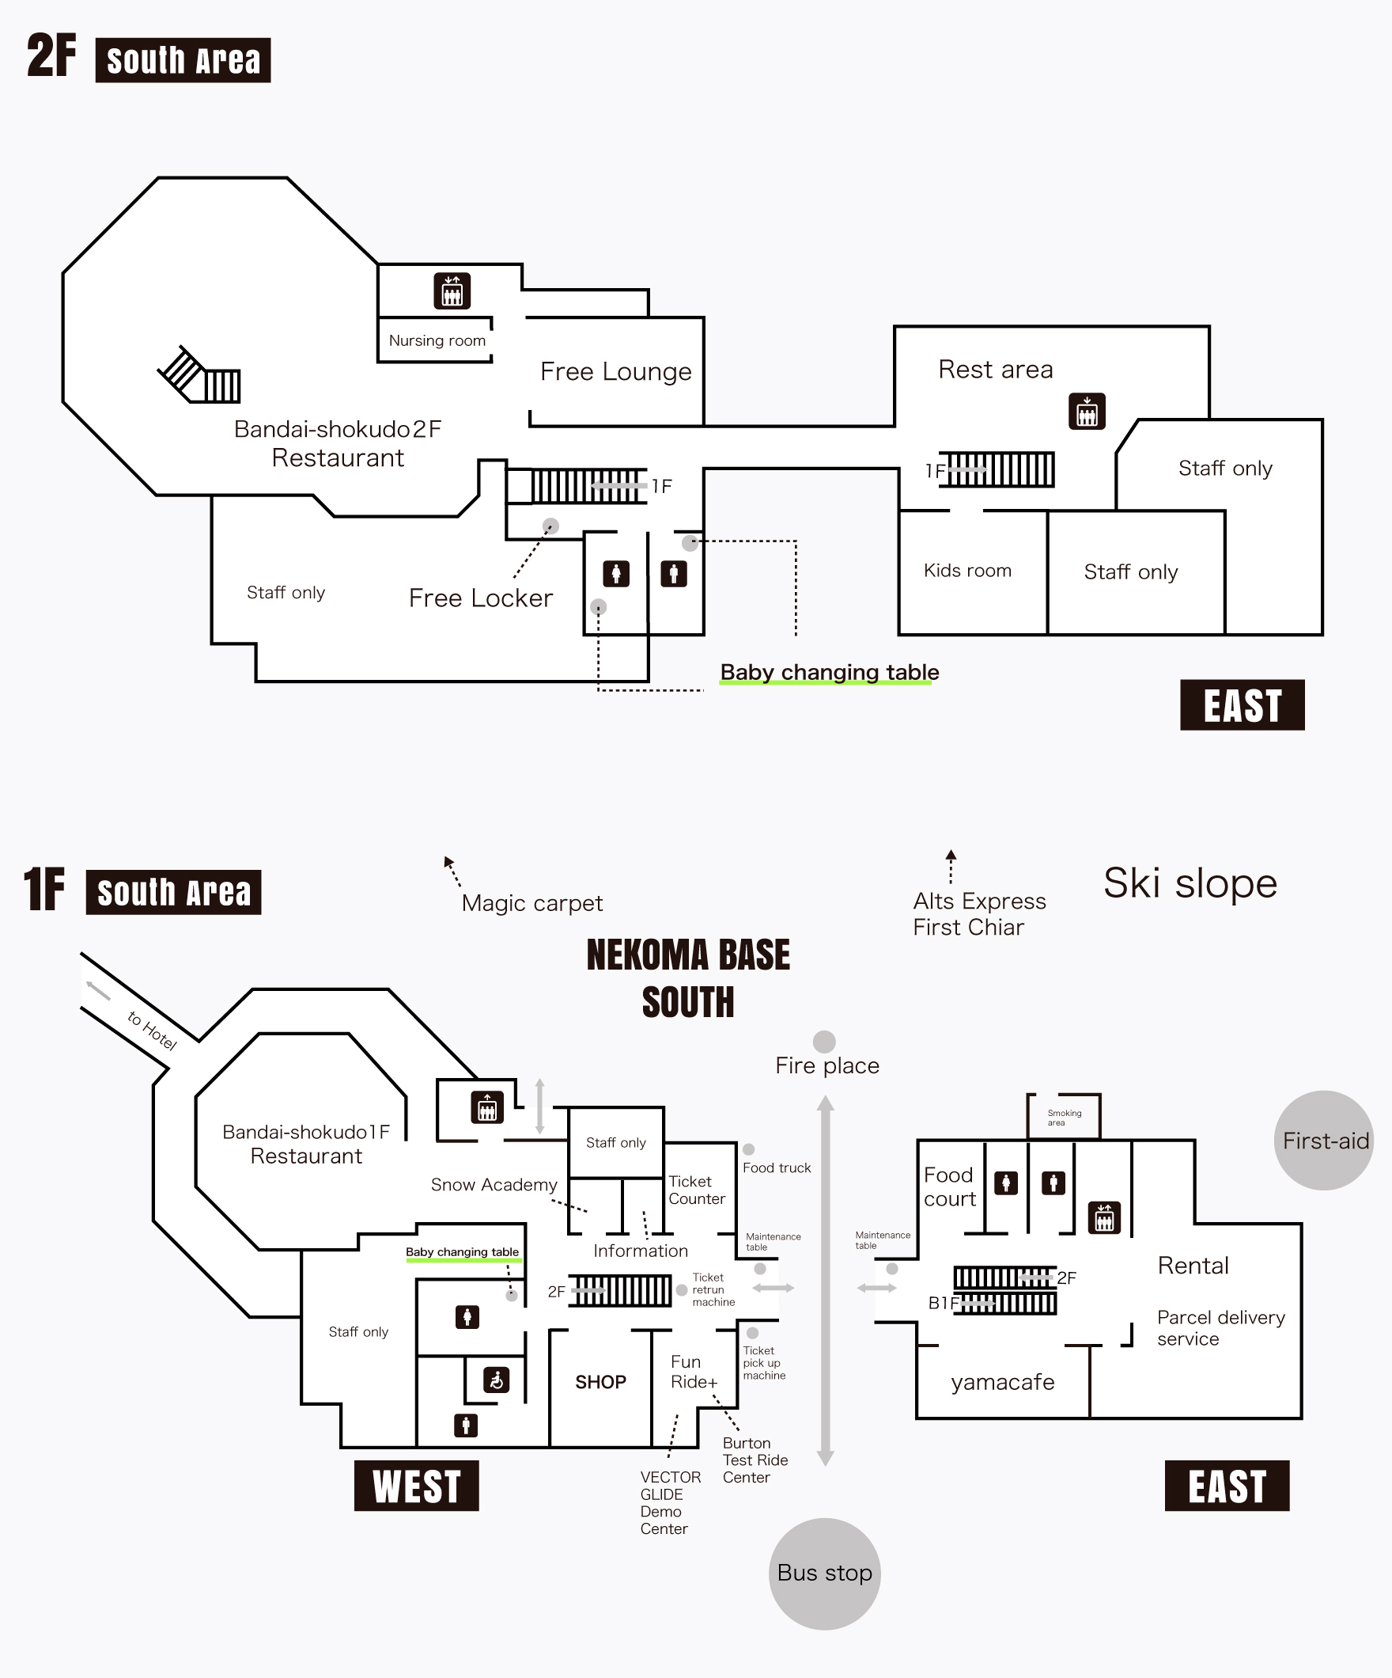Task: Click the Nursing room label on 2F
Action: [x=437, y=340]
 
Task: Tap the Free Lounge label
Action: [x=615, y=371]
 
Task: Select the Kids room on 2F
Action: [x=967, y=571]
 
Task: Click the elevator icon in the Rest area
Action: [x=1086, y=412]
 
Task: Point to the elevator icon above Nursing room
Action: [x=452, y=290]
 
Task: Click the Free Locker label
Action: [x=480, y=598]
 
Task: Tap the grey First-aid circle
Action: [x=1323, y=1141]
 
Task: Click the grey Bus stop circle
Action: [x=824, y=1573]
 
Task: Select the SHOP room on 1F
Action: [x=600, y=1381]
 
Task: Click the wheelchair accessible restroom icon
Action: [x=496, y=1379]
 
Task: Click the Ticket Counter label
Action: [x=697, y=1190]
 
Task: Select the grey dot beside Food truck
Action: [x=748, y=1149]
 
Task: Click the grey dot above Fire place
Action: [x=824, y=1041]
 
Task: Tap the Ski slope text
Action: [x=1190, y=883]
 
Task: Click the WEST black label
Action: [x=416, y=1486]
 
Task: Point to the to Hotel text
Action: [x=152, y=1030]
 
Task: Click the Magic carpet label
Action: [x=531, y=903]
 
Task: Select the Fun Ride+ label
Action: [x=693, y=1371]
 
